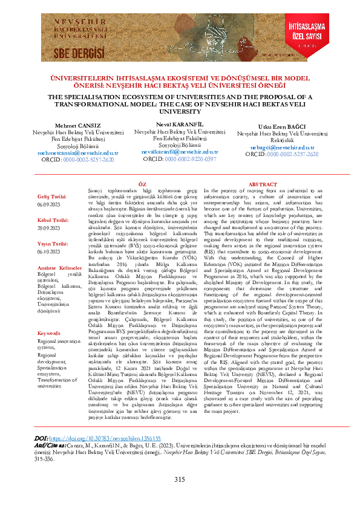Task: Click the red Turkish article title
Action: (x=180, y=82)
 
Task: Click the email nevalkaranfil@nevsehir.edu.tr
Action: (x=180, y=152)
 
